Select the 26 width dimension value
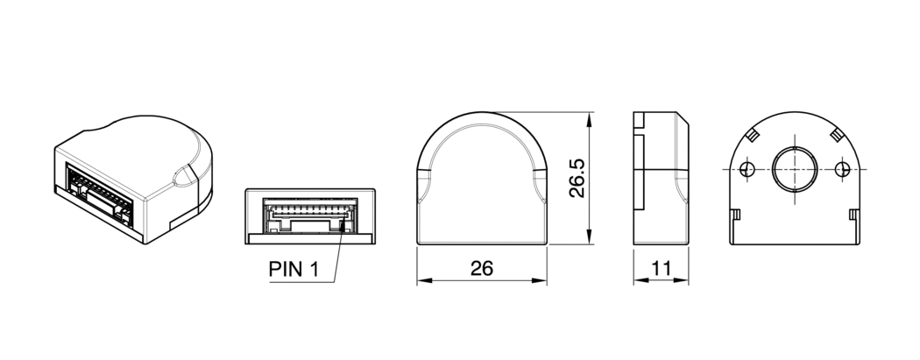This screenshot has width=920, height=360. click(x=481, y=269)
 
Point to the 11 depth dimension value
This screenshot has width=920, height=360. click(x=662, y=269)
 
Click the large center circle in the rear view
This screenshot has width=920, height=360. click(x=794, y=168)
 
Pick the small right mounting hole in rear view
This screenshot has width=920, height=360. click(x=842, y=168)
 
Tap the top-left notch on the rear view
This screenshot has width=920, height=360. click(x=753, y=134)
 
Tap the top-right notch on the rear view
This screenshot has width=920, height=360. click(x=835, y=134)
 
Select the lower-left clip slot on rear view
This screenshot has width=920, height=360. click(x=737, y=215)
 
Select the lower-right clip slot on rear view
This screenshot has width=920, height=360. click(x=853, y=215)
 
